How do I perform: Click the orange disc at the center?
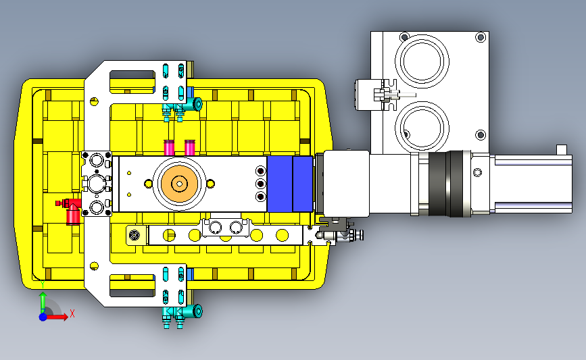(x=179, y=183)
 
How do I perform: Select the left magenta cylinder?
(x=169, y=148)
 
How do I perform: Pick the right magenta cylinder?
(x=190, y=148)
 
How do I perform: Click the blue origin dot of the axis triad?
(x=43, y=317)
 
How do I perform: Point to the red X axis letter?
(x=72, y=313)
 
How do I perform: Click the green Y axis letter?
(x=43, y=284)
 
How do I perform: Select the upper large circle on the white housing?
(x=422, y=61)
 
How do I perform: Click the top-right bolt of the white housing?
(x=481, y=37)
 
